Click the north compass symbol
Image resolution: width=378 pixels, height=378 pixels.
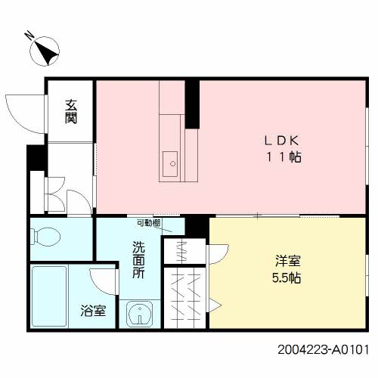coord(45,51)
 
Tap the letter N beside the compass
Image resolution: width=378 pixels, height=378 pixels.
coord(29,36)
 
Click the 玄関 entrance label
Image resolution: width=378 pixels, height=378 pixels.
coord(71,112)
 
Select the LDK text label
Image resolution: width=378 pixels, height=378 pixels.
coord(282,141)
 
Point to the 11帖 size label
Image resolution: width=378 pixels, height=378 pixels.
coord(284,157)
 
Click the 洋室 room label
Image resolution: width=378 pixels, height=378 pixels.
coord(287,261)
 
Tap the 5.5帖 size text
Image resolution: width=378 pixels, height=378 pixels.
coord(287,278)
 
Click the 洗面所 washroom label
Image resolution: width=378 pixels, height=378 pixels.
coord(138,260)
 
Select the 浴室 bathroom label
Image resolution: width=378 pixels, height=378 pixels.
coord(93,311)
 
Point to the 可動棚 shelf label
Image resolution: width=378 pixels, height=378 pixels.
coord(149,223)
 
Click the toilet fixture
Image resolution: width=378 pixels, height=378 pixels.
coord(45,237)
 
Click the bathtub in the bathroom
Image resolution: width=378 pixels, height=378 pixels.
coord(49,296)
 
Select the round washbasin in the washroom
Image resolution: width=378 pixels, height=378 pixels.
coord(139,314)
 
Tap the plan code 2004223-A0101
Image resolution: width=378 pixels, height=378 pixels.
coord(324,350)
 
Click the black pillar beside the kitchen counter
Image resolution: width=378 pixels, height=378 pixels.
coord(192,104)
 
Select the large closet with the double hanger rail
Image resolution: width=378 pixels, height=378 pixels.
coord(185,298)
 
